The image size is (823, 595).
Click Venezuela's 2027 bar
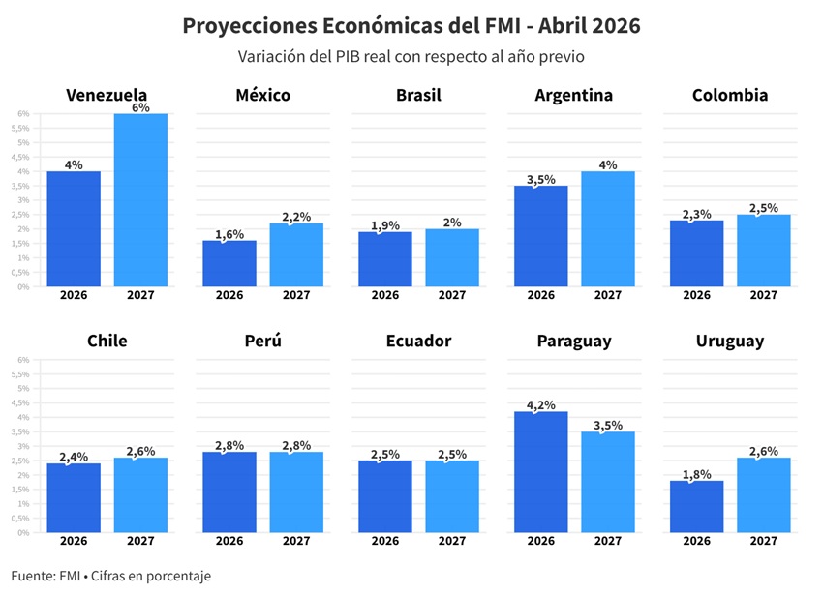pyautogui.click(x=140, y=200)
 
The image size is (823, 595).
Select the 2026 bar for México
pyautogui.click(x=229, y=263)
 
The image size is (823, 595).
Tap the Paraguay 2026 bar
pyautogui.click(x=540, y=472)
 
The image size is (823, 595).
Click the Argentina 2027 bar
pyautogui.click(x=608, y=229)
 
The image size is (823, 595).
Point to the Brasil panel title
pyautogui.click(x=418, y=95)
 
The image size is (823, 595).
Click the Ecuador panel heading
pyautogui.click(x=418, y=342)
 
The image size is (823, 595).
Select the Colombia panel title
pyautogui.click(x=730, y=95)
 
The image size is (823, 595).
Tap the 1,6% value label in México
pyautogui.click(x=229, y=234)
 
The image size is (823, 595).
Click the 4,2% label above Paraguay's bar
pyautogui.click(x=540, y=405)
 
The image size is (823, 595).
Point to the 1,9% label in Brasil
pyautogui.click(x=384, y=226)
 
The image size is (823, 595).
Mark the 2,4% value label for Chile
pyautogui.click(x=74, y=457)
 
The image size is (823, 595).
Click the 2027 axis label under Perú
pyautogui.click(x=296, y=541)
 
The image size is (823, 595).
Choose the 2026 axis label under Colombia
pyautogui.click(x=696, y=295)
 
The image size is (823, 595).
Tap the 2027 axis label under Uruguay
pyautogui.click(x=763, y=541)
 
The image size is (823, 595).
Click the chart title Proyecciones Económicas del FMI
pyautogui.click(x=411, y=26)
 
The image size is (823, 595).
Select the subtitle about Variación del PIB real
pyautogui.click(x=411, y=57)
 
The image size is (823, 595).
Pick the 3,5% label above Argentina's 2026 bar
pyautogui.click(x=540, y=179)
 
